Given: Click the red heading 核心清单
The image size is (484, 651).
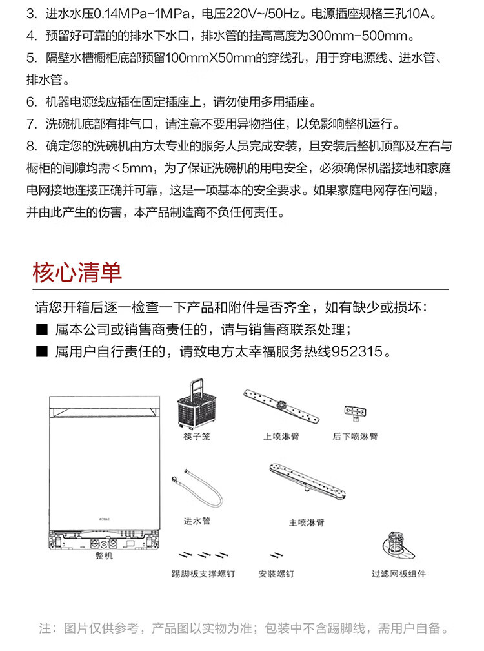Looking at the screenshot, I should click(77, 272).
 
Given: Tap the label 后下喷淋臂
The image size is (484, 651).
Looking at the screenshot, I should click(355, 437).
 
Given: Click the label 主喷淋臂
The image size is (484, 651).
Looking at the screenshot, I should click(306, 522).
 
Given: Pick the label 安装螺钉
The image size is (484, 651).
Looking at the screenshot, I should click(276, 573).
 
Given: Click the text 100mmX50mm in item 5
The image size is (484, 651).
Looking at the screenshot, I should click(212, 58).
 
